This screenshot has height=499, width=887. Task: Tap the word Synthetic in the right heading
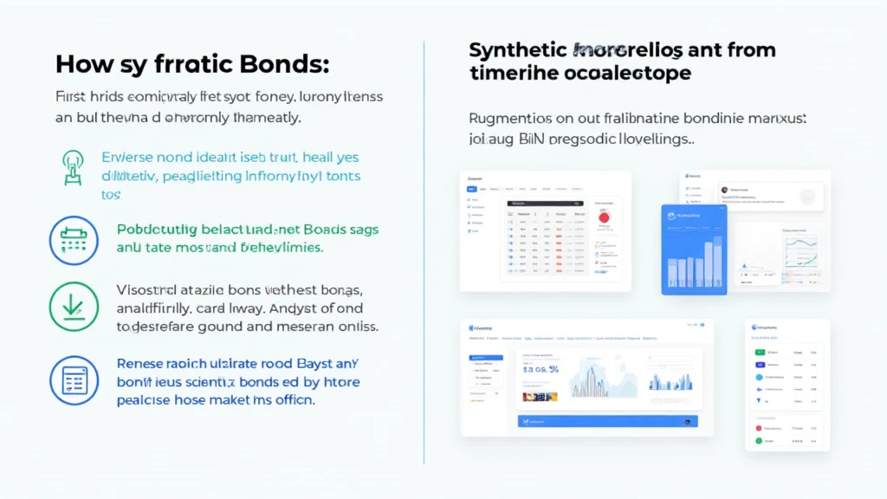pos(515,50)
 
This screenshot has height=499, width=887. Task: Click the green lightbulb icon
pos(74,167)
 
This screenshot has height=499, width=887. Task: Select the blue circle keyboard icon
pos(74,240)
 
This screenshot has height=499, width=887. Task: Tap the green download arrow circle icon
pos(74,307)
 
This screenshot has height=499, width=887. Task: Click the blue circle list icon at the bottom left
pos(74,379)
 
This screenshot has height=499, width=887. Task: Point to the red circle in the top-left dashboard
pos(605,217)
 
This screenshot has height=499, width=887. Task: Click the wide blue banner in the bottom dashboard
pos(607,421)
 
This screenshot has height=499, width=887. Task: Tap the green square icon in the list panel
pos(760,353)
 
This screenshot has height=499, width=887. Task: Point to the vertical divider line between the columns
pos(424,251)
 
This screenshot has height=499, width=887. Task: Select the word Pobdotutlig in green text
pos(156,230)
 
